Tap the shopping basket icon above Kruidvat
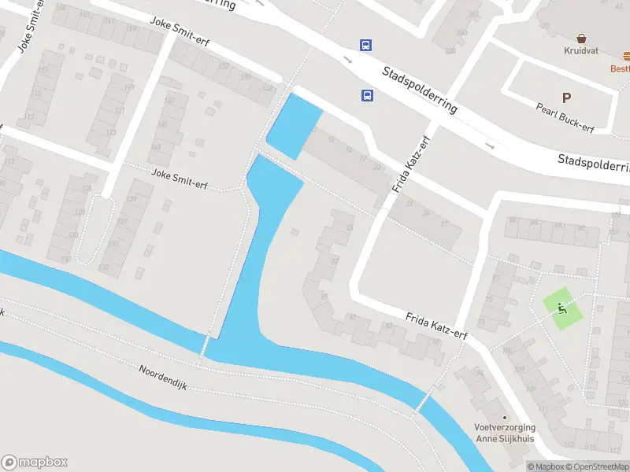(581, 37)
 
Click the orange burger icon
(626, 56)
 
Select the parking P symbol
(565, 98)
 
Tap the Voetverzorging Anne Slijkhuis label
(504, 433)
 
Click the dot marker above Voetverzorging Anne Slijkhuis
(505, 418)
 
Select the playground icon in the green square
(562, 306)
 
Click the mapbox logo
(35, 463)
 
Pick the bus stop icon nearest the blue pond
(367, 95)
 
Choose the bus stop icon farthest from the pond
(366, 46)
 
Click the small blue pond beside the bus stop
(293, 124)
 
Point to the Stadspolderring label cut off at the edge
(594, 164)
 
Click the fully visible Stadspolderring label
(419, 90)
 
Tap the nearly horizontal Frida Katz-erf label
(436, 327)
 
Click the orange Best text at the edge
(620, 68)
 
